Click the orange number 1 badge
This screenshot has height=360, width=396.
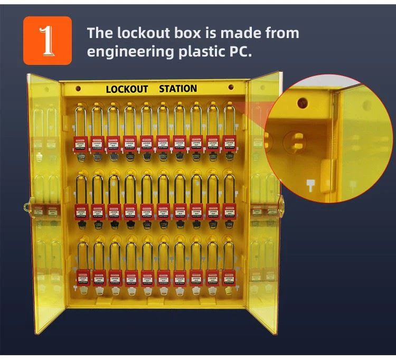47,41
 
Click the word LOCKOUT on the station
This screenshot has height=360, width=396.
127,89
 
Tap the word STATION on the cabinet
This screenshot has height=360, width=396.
178,89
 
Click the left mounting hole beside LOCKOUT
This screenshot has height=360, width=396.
78,89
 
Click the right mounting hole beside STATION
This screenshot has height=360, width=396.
230,87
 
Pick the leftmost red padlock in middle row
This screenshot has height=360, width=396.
81,211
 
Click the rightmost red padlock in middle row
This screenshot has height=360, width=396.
229,210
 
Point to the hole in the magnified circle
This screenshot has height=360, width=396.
303,101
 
